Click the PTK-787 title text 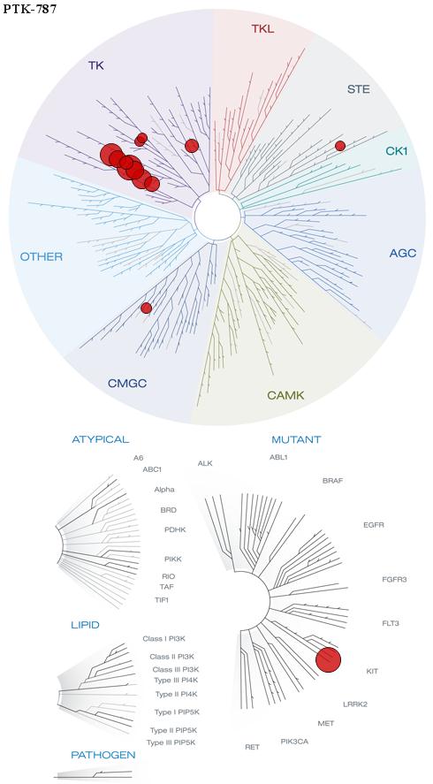point(29,9)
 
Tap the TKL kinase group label point(262,28)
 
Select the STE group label point(359,90)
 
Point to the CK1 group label point(397,150)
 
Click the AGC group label point(403,254)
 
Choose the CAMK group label point(285,395)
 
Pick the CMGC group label point(127,384)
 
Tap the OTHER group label point(42,257)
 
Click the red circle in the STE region point(340,146)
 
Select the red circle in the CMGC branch point(146,308)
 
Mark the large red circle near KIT point(329,660)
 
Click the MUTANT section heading point(296,440)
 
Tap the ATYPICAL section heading point(101,439)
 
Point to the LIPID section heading point(85,625)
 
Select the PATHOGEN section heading point(103,755)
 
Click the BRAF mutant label point(332,481)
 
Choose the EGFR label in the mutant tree point(374,525)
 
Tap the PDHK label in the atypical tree point(175,529)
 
